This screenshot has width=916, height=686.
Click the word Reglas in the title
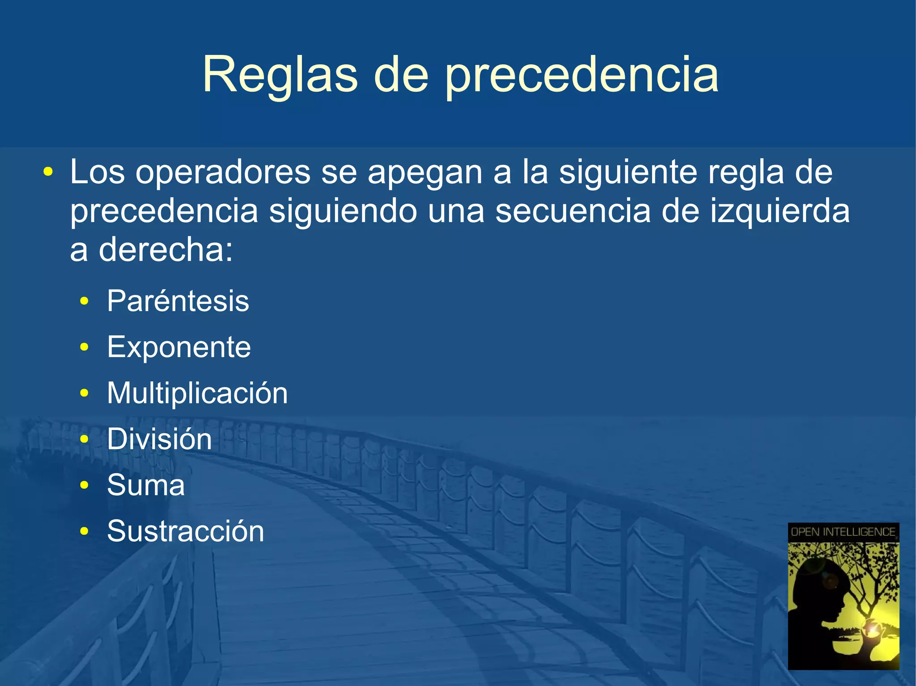coord(280,75)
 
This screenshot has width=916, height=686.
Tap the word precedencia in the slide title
coord(581,75)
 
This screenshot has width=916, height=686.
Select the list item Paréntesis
coord(178,301)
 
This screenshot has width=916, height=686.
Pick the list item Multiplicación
coord(197,393)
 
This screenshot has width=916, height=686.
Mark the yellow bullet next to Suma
coord(84,485)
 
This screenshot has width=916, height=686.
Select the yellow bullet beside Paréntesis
coord(84,302)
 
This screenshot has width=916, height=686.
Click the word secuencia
coord(572,211)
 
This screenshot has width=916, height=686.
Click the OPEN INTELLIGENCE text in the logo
coord(843,532)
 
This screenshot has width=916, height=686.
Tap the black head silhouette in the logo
coord(818,599)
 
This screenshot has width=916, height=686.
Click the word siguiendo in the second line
coord(343,212)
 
